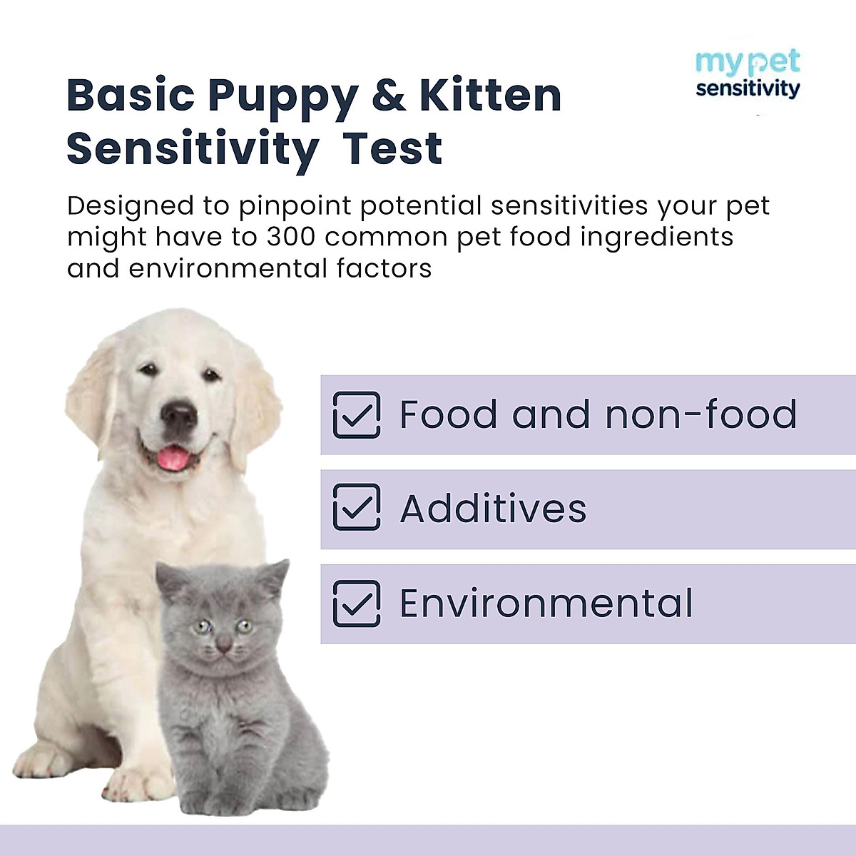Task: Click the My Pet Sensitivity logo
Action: tap(748, 74)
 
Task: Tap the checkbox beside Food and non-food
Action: tap(357, 414)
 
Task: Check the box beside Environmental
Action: tap(357, 603)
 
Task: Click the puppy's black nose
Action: tap(178, 413)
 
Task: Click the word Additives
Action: tap(493, 509)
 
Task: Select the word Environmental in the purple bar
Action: tap(546, 603)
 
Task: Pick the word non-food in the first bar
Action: tap(700, 414)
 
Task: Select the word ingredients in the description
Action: tap(657, 237)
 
